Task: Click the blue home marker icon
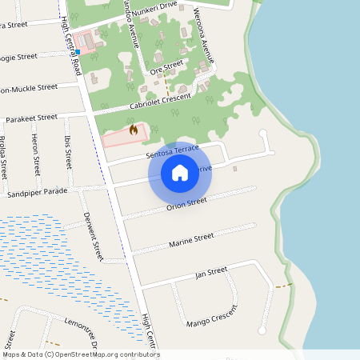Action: point(180,172)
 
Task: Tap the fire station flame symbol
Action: point(133,129)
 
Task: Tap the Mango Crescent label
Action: point(213,318)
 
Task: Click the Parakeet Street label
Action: point(31,118)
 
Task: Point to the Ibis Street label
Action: point(68,152)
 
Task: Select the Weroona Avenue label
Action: point(203,35)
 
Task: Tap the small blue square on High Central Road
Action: point(78,51)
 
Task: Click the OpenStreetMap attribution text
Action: point(81,354)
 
